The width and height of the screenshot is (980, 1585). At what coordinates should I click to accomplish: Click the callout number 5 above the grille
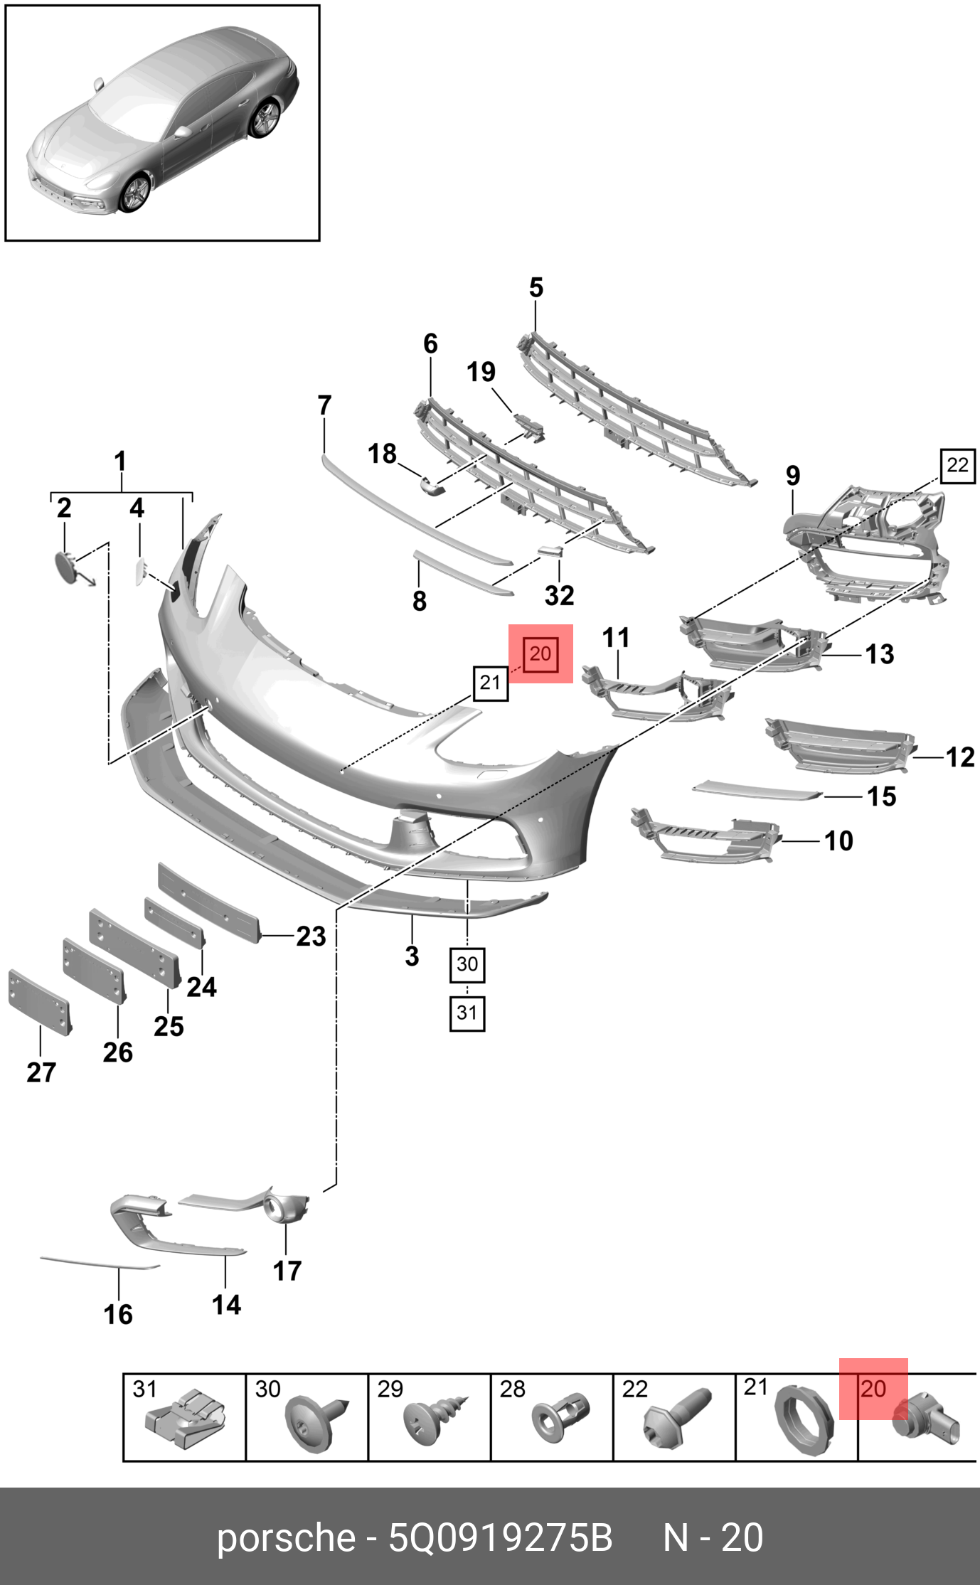point(536,288)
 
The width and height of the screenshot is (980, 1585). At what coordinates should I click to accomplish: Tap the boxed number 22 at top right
point(957,466)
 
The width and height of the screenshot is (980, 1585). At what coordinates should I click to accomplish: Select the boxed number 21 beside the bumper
point(491,683)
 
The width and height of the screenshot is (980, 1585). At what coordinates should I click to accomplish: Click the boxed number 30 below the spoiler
point(467,965)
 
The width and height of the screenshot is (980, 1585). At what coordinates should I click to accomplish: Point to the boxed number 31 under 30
point(467,1013)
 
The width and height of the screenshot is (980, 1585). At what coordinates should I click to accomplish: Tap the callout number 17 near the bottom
point(287,1271)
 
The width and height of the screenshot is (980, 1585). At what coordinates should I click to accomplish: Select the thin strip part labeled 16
point(100,1262)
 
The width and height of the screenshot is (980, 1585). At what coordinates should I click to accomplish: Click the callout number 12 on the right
point(960,757)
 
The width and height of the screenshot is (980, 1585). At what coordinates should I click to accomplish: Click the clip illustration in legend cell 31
point(185,1419)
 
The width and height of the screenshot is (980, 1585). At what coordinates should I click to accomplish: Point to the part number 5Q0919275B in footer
point(500,1538)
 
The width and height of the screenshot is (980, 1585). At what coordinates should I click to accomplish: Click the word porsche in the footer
point(285,1538)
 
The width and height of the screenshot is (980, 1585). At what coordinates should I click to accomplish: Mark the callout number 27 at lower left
point(41,1072)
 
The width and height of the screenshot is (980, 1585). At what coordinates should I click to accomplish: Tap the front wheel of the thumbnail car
point(134,193)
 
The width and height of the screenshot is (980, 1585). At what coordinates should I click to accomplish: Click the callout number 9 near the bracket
point(793,476)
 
